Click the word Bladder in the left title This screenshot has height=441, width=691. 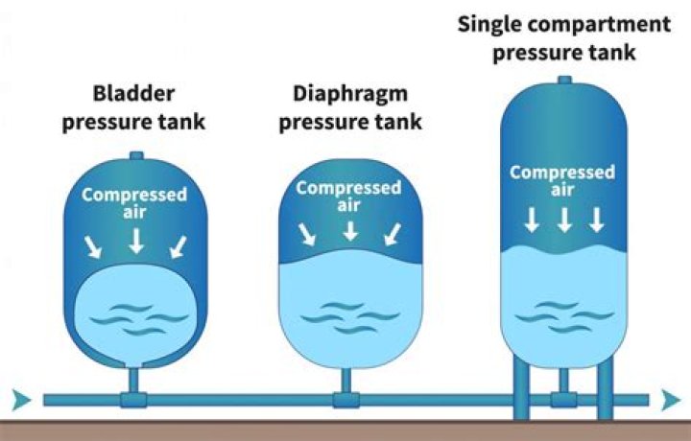pos(135,95)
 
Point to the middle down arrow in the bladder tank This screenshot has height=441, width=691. pos(136,239)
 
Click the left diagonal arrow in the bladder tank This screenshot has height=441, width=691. pos(94,247)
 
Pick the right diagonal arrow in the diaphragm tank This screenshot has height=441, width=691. pos(392,233)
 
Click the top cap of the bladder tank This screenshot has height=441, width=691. pos(135,156)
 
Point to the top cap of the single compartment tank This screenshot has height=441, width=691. pos(564,80)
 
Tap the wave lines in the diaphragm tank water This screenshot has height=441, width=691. pos(350,313)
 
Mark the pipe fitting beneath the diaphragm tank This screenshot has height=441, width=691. pos(345,397)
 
